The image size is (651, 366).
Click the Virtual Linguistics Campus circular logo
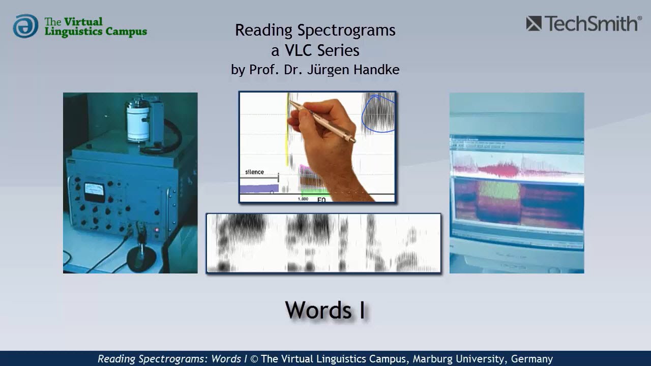25,26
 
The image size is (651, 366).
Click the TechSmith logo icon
534,23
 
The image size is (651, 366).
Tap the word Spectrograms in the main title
346,30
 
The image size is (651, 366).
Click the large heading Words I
325,310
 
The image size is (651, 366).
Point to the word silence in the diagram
254,172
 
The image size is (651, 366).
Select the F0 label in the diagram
321,200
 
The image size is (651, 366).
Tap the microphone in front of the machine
141,252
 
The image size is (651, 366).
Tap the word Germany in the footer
532,359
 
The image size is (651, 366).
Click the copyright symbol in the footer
254,359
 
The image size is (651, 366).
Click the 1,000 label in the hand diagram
303,199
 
